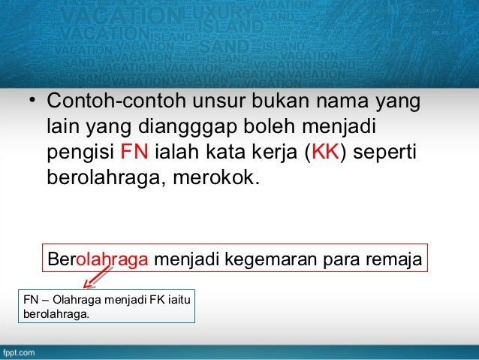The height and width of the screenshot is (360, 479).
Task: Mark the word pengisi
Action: pyautogui.click(x=80, y=154)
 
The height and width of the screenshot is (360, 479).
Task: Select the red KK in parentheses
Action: pyautogui.click(x=326, y=154)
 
